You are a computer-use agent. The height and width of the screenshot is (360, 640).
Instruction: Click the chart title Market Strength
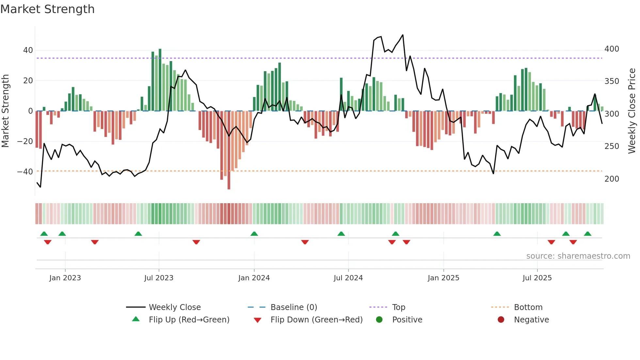tap(47, 9)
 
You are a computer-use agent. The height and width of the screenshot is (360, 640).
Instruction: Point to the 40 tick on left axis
tap(28, 50)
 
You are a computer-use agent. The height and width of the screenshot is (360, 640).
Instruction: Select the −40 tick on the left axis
tap(25, 172)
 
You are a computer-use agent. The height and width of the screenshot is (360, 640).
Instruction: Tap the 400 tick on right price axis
tap(612, 49)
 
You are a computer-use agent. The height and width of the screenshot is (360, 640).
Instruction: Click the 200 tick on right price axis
tap(612, 179)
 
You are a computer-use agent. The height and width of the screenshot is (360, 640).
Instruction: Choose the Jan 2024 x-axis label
tap(254, 278)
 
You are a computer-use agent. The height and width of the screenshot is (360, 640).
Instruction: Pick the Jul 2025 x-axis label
tap(537, 278)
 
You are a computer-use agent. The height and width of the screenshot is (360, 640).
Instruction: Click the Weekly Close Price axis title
tap(632, 111)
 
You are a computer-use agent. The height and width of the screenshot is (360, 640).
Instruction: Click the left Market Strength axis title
tap(5, 111)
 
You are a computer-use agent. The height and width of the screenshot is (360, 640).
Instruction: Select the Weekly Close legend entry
tap(174, 307)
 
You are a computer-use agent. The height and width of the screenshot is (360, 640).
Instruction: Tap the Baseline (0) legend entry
tap(294, 307)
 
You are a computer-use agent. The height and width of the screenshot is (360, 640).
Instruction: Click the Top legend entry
tap(398, 307)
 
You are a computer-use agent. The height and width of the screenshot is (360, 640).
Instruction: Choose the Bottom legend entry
tap(528, 307)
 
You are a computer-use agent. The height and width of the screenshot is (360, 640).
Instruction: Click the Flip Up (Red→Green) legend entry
tap(189, 320)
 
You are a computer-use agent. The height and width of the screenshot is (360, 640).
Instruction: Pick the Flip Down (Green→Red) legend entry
tap(316, 320)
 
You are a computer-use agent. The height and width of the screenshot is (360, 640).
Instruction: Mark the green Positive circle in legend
tap(379, 320)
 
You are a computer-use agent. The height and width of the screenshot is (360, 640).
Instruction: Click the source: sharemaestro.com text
tap(578, 256)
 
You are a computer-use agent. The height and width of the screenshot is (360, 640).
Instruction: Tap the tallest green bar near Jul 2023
tap(160, 80)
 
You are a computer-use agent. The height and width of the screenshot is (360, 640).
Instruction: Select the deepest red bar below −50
tap(229, 150)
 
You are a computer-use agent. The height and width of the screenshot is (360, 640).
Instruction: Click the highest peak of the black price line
tap(403, 35)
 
